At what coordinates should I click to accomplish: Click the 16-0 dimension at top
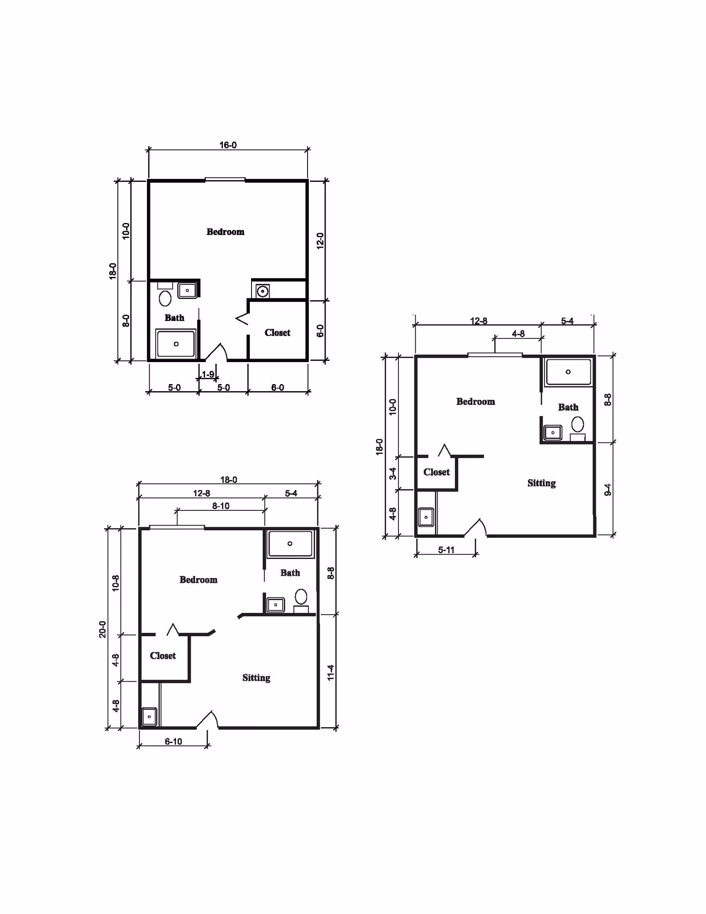pos(228,145)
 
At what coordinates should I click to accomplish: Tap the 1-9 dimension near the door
pos(208,374)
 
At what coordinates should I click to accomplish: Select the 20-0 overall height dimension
pos(102,629)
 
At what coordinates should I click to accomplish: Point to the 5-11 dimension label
pos(446,550)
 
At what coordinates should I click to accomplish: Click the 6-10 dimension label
pos(173,741)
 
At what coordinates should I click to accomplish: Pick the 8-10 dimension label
pos(221,506)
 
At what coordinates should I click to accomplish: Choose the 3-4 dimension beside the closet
pos(392,473)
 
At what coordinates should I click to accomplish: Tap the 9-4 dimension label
pos(608,490)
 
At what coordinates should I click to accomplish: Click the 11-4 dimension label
pos(330,672)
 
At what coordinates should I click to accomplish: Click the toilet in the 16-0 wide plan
pos(165,298)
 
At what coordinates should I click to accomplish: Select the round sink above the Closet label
pos(263,291)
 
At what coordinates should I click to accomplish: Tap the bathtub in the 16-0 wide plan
pos(176,344)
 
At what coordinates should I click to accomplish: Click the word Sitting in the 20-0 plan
pos(256,678)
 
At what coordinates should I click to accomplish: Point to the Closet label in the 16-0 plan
pos(277,333)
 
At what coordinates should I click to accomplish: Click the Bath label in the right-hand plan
pos(568,408)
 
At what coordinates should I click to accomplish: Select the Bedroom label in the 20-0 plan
pos(198,580)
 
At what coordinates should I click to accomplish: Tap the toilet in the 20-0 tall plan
pos(301,597)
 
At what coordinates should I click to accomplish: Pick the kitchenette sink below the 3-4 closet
pos(426,517)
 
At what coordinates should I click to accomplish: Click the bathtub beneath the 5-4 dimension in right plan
pos(568,372)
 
